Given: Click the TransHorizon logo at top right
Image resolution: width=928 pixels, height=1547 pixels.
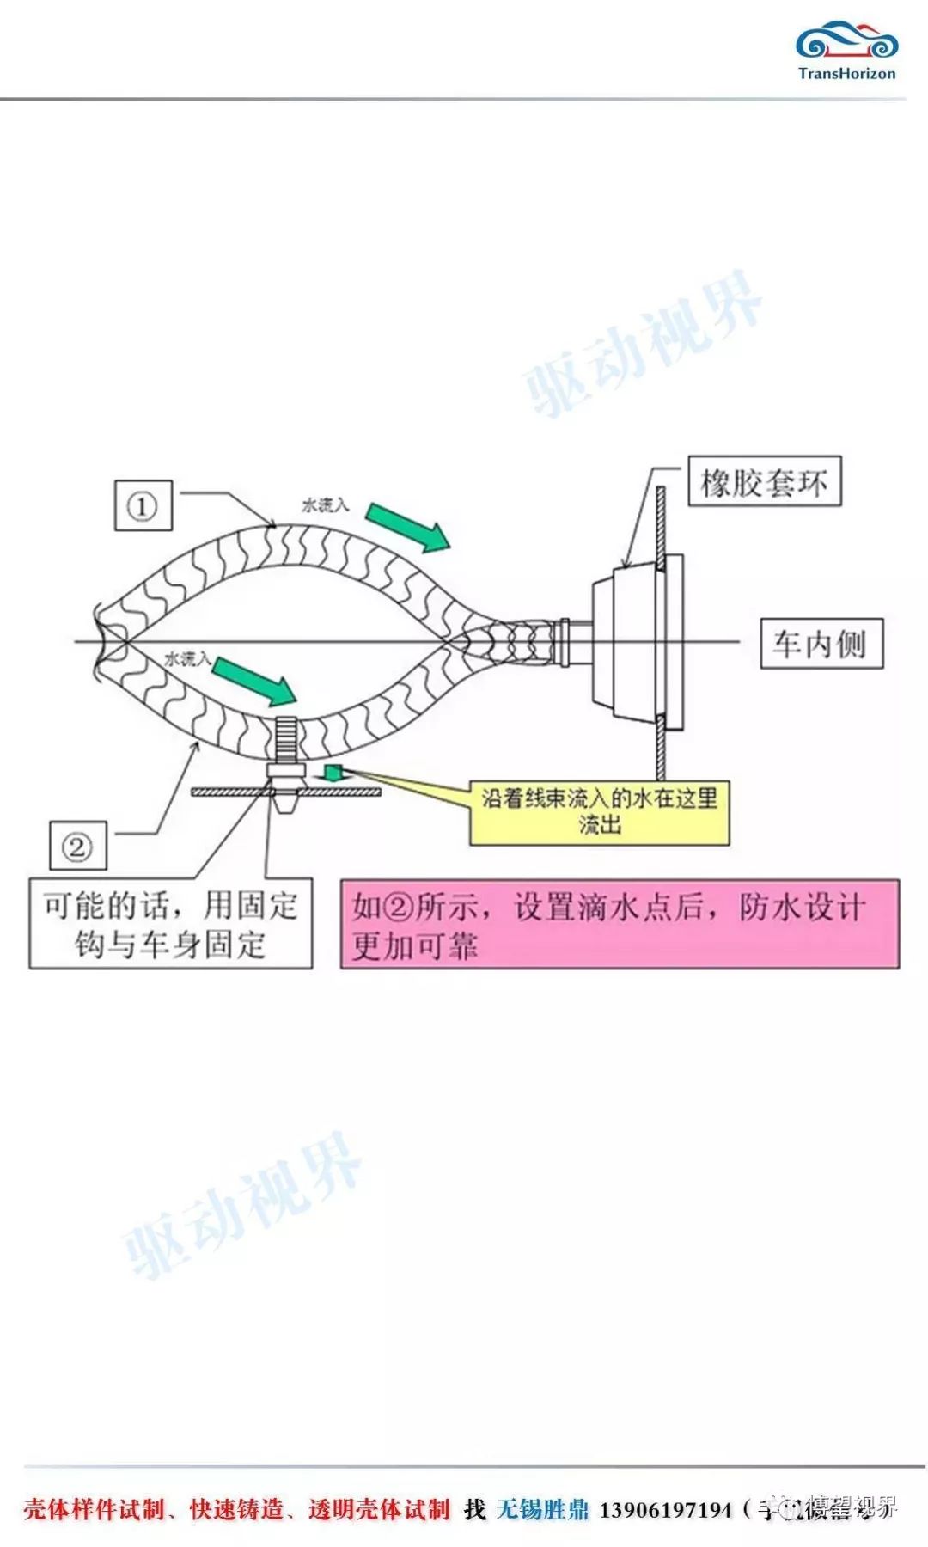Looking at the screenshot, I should tap(846, 52).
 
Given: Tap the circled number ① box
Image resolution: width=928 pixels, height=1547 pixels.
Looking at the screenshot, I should tap(143, 505).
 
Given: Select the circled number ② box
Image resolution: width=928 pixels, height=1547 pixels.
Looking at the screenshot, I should tap(77, 847).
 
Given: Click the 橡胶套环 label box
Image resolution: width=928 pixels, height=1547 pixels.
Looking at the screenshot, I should tap(764, 482).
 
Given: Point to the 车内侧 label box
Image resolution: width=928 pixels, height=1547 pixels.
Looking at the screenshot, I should tap(821, 643).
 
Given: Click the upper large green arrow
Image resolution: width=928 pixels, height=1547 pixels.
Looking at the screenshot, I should tap(407, 527).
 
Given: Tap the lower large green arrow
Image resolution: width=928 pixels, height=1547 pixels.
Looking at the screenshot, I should tap(254, 681).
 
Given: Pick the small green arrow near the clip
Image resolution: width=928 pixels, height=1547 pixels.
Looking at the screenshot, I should tap(333, 772).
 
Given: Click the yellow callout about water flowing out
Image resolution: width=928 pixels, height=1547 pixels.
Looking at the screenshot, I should tap(599, 812).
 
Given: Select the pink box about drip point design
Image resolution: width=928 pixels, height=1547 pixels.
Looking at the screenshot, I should tap(620, 925).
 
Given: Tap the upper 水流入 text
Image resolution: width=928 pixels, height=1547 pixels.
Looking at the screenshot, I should tap(325, 504).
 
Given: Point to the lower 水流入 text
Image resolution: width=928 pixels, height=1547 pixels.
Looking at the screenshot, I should tap(186, 659).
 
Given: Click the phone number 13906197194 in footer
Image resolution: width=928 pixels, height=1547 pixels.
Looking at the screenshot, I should tap(665, 1510).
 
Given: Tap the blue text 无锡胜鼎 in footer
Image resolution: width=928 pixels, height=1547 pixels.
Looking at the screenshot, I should tap(542, 1510).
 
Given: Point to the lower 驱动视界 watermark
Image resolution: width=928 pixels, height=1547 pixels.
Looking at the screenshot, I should tap(242, 1203).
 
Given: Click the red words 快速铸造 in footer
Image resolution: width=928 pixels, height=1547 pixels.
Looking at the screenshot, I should tap(236, 1510).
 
